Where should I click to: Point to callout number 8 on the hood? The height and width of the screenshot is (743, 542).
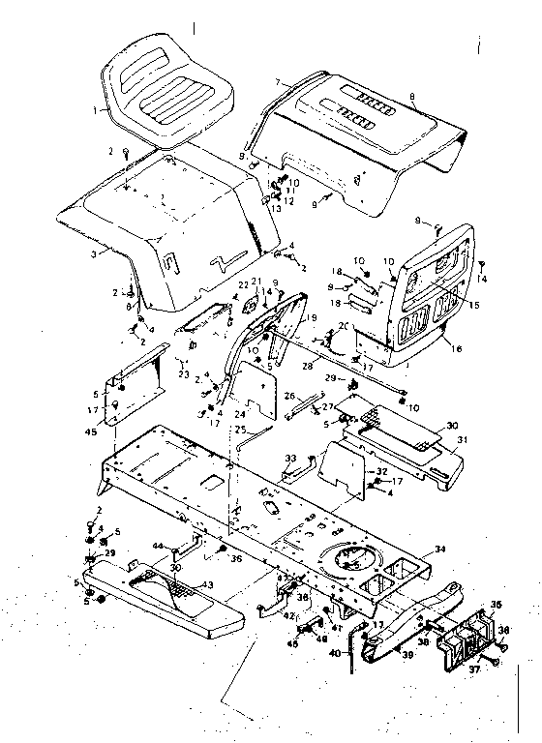click(x=412, y=96)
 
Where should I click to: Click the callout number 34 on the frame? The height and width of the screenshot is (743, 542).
click(x=441, y=549)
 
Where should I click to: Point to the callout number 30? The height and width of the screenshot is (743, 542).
click(x=452, y=424)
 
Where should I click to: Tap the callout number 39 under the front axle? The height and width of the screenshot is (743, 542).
click(x=406, y=655)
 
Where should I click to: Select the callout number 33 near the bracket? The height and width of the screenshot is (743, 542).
click(x=289, y=457)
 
